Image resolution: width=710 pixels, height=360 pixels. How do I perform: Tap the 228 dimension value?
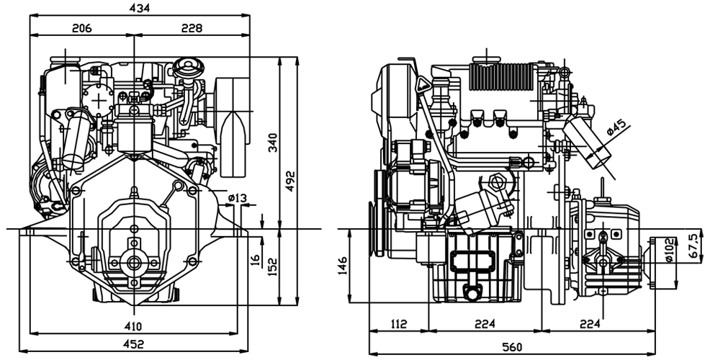[x=192, y=28]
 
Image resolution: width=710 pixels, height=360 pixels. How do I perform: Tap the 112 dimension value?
[x=397, y=325]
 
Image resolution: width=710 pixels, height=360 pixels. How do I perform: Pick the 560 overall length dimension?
[x=512, y=347]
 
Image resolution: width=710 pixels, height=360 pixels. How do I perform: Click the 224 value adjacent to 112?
[x=484, y=325]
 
